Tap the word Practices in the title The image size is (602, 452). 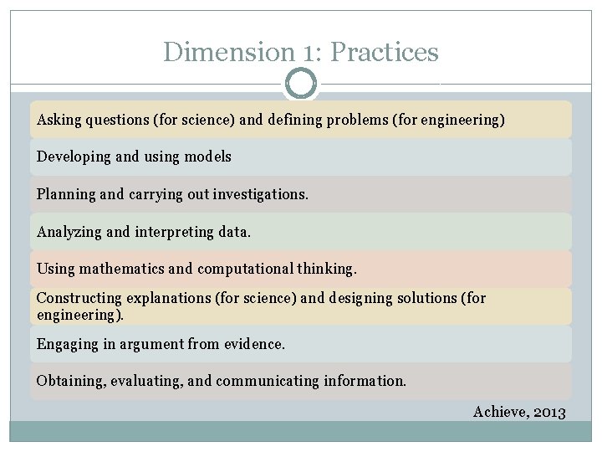coord(385,52)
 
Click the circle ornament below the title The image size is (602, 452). coord(301,84)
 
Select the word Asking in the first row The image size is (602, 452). coord(59,120)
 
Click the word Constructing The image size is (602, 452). coord(79,298)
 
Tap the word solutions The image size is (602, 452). coord(424,298)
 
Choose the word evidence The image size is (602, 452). coord(251,344)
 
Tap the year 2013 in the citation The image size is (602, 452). coord(548,412)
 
